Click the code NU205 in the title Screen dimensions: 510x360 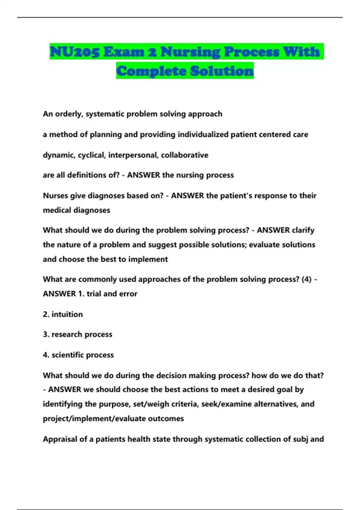(x=75, y=52)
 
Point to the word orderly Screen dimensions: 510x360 (x=69, y=114)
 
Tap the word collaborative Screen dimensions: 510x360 (x=184, y=155)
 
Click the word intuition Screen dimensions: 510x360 (x=67, y=314)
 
